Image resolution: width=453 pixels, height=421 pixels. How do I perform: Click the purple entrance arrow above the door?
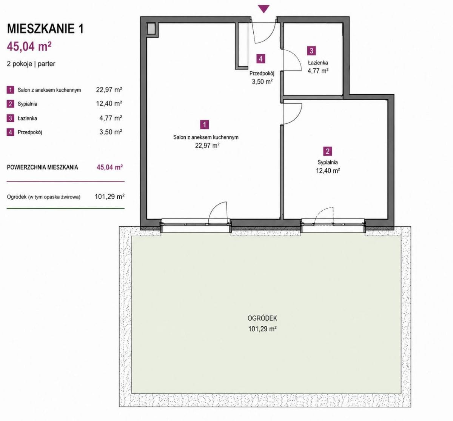click(263, 9)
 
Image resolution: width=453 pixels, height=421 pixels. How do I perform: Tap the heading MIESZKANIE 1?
click(45, 29)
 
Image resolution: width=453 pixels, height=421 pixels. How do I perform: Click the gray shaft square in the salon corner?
click(151, 29)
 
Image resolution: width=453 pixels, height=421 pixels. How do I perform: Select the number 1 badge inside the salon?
click(204, 125)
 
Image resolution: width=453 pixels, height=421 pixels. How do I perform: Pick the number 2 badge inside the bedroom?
click(328, 151)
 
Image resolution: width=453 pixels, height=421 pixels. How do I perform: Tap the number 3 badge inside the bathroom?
click(311, 51)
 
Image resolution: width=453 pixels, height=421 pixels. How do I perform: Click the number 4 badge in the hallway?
click(261, 59)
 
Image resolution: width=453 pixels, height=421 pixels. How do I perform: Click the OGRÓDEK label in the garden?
click(262, 318)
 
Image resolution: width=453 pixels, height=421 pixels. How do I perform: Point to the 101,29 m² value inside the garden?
click(262, 329)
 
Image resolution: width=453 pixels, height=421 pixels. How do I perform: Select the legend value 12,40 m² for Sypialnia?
click(109, 104)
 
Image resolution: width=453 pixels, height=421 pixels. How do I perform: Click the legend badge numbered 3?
click(10, 118)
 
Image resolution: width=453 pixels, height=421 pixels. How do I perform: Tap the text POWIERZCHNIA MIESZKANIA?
click(42, 167)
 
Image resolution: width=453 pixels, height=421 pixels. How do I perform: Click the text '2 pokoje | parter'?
click(31, 64)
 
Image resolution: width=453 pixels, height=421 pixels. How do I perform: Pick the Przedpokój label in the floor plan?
click(262, 74)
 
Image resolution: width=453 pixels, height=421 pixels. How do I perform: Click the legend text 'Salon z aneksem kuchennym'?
click(49, 90)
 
